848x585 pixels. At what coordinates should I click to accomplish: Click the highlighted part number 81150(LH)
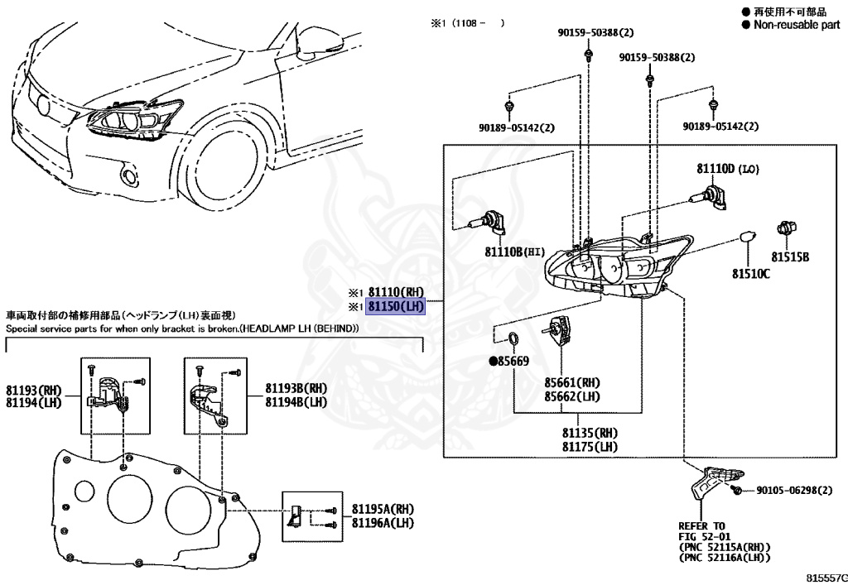click(396, 306)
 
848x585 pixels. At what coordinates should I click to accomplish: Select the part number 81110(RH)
click(396, 291)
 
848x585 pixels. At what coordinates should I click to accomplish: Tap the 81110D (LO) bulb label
click(726, 169)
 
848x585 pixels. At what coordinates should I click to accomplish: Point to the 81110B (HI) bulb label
click(513, 252)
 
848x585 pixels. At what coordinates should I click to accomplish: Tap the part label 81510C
click(750, 273)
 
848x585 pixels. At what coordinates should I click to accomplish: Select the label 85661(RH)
click(572, 383)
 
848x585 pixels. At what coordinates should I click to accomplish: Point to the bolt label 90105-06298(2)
click(793, 491)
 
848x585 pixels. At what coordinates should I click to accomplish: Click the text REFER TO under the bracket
click(701, 525)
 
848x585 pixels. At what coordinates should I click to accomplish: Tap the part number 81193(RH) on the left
click(34, 388)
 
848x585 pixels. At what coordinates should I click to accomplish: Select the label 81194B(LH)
click(296, 401)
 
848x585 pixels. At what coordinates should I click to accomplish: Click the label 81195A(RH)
click(383, 509)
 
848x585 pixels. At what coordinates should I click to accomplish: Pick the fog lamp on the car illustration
click(128, 175)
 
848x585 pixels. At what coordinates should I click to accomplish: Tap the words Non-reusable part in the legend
click(796, 25)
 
